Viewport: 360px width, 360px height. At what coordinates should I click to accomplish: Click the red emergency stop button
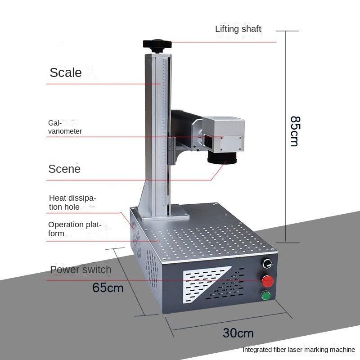coord(268,281)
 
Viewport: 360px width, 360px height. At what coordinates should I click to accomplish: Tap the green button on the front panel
coord(266,296)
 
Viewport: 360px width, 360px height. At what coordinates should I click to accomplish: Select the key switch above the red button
coord(267,264)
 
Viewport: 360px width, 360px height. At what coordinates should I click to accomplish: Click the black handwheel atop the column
coord(157,46)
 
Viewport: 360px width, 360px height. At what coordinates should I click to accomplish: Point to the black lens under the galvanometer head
coord(222,158)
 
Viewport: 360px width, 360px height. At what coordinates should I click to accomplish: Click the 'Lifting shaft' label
coord(238,29)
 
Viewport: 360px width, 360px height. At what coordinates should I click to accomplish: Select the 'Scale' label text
coord(66,72)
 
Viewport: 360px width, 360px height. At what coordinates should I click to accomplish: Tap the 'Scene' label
coord(64,169)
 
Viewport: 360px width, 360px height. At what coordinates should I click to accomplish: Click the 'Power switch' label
coord(81,270)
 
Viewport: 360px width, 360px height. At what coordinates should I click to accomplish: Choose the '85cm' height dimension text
coord(295,131)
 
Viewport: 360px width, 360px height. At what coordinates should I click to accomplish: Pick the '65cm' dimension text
coord(108,288)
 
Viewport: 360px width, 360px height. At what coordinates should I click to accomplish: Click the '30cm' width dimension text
coord(238,333)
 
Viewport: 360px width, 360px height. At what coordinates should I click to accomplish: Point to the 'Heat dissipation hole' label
coord(72,202)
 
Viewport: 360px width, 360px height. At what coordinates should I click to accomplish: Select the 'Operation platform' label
coord(75,229)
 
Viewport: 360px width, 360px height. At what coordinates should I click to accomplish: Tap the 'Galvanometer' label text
coord(65,127)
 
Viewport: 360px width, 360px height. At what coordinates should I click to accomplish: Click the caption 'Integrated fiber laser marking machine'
coord(299,350)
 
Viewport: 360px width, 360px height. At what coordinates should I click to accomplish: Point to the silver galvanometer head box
coord(223,134)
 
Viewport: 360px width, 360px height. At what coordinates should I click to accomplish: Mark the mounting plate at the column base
coord(166,213)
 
